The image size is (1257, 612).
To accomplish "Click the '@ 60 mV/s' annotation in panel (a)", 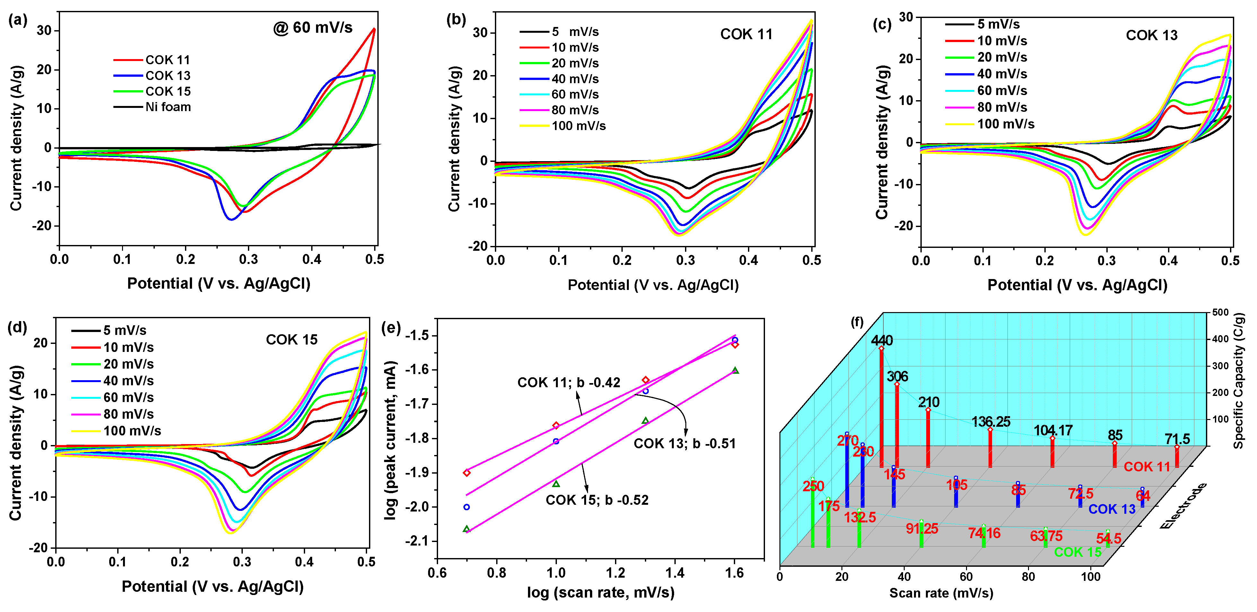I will [313, 28].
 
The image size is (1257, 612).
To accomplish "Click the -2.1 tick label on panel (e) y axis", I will [417, 541].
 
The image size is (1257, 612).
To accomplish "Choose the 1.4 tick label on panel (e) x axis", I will [675, 573].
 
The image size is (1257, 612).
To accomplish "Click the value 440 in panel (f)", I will [882, 340].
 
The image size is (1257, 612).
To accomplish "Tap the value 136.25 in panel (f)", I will [990, 422].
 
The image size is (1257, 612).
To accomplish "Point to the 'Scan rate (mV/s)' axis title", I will [941, 593].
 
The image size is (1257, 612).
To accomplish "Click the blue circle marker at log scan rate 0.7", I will [467, 507].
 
